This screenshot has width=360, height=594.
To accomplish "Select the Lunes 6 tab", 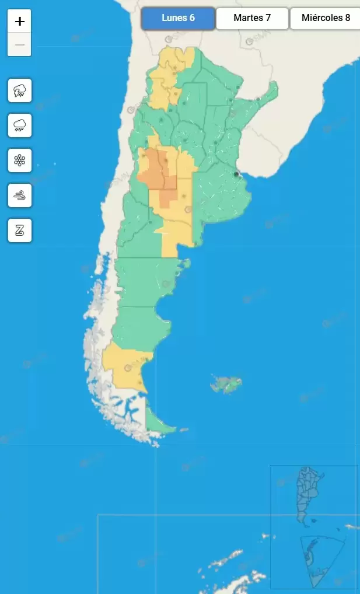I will (x=178, y=18).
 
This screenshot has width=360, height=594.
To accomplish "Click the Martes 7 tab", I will (x=252, y=18).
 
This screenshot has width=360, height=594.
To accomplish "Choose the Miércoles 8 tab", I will (x=325, y=18).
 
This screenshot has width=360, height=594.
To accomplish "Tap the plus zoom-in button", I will (x=20, y=22).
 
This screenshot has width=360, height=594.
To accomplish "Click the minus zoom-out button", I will (x=20, y=45).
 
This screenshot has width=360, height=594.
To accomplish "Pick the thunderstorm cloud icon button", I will (x=20, y=90).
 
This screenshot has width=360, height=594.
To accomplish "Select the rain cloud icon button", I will (x=20, y=125).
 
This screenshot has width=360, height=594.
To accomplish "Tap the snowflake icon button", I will (x=20, y=160).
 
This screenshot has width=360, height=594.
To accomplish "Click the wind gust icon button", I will (x=20, y=195).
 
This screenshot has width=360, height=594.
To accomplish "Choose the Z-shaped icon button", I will (x=20, y=230).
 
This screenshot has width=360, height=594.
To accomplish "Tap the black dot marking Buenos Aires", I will (x=236, y=174).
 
